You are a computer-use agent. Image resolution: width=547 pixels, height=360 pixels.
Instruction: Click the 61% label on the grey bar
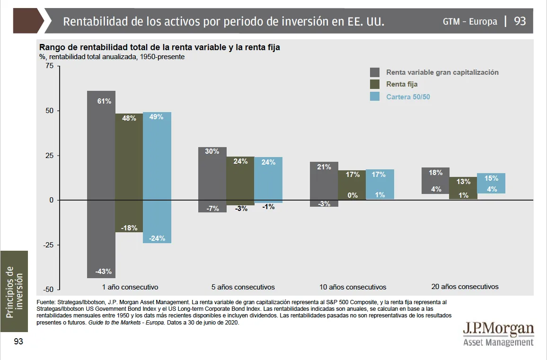104,101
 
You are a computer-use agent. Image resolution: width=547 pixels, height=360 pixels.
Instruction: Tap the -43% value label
103,272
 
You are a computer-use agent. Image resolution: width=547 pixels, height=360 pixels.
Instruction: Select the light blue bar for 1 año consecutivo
157,177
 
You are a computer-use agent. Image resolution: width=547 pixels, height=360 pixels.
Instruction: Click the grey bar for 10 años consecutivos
324,184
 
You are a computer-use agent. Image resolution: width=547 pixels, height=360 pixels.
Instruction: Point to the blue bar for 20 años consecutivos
491,183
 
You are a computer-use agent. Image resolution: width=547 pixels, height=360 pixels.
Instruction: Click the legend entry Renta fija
402,84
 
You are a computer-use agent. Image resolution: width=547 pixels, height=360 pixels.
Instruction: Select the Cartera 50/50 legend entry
408,97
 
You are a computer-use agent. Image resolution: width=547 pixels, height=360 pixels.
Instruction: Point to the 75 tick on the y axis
50,66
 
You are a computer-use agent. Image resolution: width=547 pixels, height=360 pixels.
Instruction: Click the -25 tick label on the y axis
48,245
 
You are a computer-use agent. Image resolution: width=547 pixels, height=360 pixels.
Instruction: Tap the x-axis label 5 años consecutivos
243,287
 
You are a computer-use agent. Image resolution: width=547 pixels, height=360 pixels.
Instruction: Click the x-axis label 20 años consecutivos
465,287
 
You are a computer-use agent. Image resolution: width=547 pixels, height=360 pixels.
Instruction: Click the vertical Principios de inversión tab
14,291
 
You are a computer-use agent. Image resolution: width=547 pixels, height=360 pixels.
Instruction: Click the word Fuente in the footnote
46,301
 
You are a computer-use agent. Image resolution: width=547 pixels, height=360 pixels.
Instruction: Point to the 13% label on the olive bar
463,182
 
